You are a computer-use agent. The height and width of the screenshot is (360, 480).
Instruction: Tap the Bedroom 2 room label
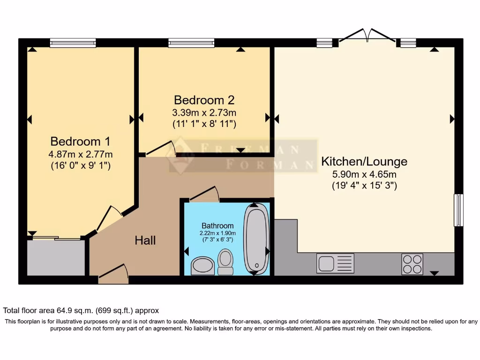[x=204, y=100]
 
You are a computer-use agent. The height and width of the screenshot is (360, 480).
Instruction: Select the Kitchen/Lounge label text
[x=364, y=162]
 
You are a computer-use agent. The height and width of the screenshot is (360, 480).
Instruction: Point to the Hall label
[x=145, y=241]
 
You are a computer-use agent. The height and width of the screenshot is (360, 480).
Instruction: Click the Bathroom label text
[x=217, y=225]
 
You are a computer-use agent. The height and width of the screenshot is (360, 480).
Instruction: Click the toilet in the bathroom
[x=226, y=262]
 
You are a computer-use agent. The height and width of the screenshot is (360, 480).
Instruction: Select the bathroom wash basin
[x=202, y=265]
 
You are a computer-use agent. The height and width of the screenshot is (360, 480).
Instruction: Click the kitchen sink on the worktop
[x=335, y=263]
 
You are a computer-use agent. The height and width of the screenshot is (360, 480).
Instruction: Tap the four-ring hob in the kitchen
[x=412, y=263]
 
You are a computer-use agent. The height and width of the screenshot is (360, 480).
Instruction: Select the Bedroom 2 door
[x=160, y=149]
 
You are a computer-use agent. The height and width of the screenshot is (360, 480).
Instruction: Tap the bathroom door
[x=203, y=194]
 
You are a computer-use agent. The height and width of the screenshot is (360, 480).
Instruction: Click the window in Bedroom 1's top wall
[x=73, y=43]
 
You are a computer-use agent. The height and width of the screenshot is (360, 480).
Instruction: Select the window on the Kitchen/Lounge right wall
[x=458, y=210]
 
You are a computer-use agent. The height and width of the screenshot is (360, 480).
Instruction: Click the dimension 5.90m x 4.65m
[x=364, y=174]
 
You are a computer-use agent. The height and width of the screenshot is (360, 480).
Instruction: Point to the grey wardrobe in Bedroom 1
[x=56, y=257]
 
